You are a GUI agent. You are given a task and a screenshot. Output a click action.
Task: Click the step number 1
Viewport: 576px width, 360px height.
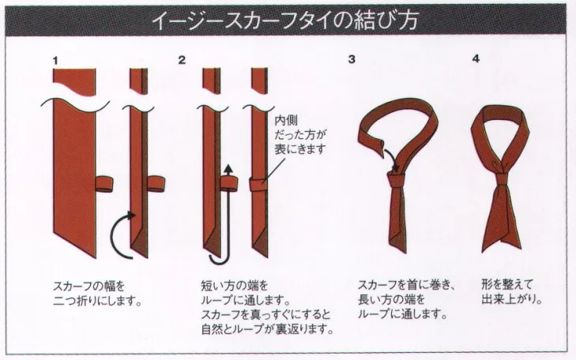55,61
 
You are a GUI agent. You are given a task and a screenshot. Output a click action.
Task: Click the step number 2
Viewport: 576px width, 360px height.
182,60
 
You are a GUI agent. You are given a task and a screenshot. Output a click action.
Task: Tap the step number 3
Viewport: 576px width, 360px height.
352,59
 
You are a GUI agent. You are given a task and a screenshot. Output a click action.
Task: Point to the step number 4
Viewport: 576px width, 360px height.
476,58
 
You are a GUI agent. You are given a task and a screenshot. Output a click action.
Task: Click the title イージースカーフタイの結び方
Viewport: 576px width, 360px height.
284,21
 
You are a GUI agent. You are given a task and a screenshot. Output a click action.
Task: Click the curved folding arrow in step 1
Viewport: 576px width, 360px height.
115,234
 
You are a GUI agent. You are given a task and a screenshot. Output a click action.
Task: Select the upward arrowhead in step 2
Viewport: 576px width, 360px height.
229,169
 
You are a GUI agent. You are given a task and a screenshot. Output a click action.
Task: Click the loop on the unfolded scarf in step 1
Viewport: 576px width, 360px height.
105,183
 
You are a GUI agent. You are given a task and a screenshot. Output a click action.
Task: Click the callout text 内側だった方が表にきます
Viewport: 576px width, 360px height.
300,135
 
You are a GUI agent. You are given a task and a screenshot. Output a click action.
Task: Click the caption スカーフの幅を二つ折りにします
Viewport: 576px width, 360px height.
98,294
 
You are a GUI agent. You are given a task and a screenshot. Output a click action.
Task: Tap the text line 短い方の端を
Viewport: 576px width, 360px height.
235,285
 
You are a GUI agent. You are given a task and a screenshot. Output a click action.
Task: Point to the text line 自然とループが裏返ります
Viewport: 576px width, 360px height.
267,328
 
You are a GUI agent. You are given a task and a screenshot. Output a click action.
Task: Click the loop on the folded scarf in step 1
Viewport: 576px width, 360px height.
156,183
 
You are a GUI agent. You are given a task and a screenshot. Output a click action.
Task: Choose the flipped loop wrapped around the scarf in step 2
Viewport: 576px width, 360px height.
259,184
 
